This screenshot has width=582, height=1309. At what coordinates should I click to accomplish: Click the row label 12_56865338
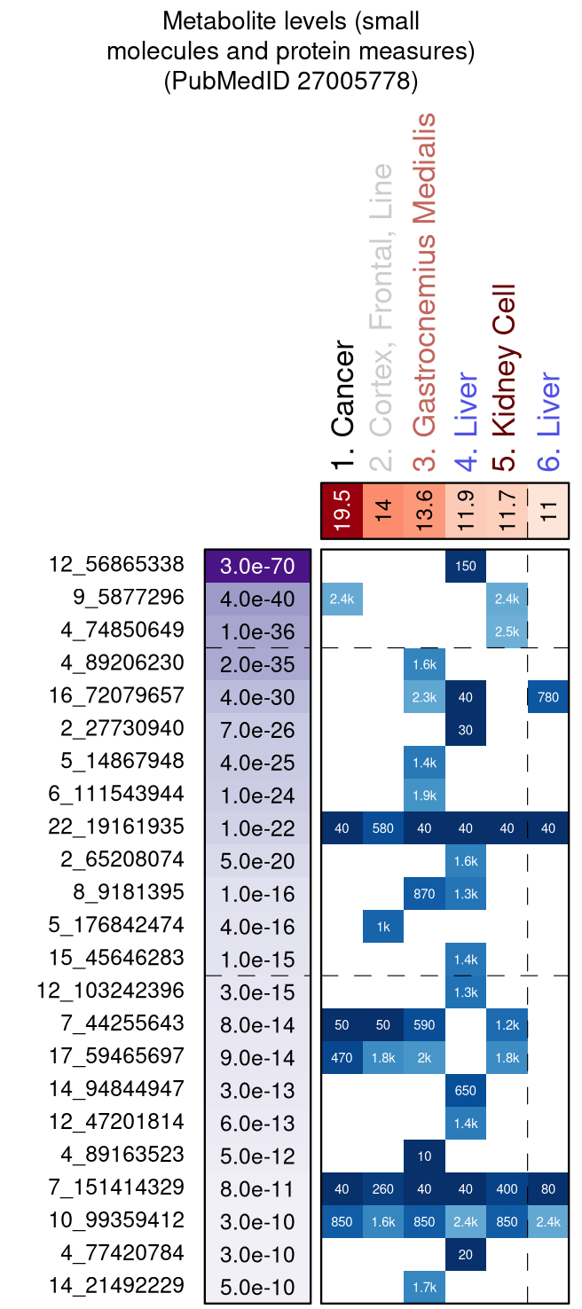point(116,565)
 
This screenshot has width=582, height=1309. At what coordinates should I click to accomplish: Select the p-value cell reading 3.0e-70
point(257,566)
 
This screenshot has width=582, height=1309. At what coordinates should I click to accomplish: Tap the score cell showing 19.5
point(342,511)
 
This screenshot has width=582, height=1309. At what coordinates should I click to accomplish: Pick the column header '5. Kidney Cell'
point(504,372)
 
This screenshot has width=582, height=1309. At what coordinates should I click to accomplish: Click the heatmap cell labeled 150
point(466,566)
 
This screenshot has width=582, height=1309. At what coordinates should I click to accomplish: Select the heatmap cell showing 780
point(548,697)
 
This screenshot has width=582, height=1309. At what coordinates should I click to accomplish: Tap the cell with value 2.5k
point(507,631)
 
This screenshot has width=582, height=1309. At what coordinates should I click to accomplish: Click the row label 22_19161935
point(116,827)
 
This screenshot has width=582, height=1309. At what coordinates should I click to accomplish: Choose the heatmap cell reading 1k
point(383,926)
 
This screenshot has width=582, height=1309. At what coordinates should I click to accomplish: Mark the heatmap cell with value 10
point(424,1156)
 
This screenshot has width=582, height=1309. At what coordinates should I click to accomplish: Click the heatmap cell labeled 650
point(466,1090)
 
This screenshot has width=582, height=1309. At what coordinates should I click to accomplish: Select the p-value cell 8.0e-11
point(257,1188)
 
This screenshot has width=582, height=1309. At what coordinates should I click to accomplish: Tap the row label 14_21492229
point(116,1287)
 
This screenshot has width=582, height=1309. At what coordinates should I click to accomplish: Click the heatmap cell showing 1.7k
point(424,1287)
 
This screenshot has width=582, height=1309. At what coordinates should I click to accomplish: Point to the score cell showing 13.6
point(424,511)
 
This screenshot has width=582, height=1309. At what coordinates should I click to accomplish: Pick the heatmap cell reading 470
point(342,1057)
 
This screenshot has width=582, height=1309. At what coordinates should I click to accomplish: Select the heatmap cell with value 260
point(383,1188)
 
